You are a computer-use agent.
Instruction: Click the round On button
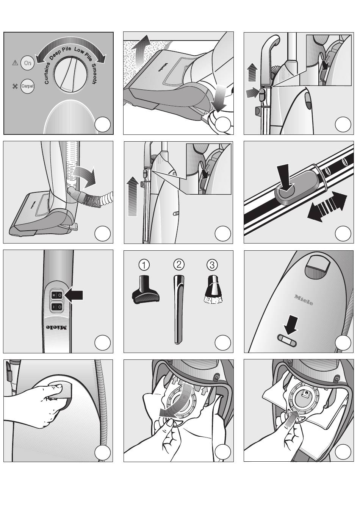click(x=27, y=63)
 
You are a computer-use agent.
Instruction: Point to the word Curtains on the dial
click(x=47, y=73)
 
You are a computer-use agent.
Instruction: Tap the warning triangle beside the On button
click(x=15, y=63)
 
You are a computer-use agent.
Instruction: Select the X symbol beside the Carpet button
click(x=15, y=86)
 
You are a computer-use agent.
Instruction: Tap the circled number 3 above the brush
click(x=212, y=264)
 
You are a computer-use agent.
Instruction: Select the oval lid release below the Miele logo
click(x=288, y=340)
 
